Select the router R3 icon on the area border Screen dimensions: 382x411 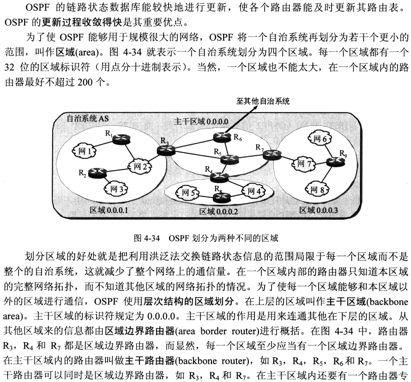click(x=164, y=150)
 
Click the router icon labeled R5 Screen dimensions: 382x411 click(x=229, y=159)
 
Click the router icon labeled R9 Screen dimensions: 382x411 click(x=334, y=161)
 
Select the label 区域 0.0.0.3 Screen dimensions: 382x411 click(x=319, y=211)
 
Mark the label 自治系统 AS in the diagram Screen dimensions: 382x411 click(x=88, y=118)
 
